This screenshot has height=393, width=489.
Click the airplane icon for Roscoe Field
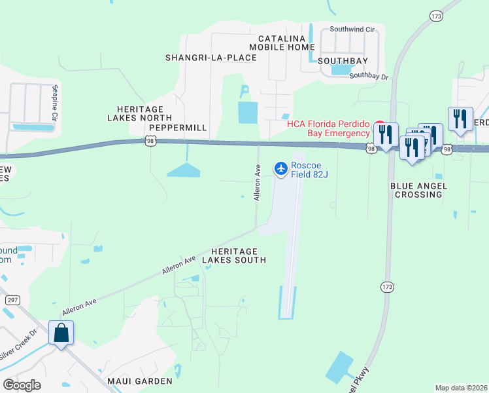(x=281, y=169)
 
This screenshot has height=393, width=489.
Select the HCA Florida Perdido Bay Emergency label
(x=328, y=128)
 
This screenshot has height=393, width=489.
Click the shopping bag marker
(x=61, y=333)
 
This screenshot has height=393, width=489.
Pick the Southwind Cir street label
(x=352, y=29)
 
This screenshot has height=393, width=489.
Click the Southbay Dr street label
(x=369, y=76)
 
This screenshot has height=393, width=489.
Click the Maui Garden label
(x=141, y=381)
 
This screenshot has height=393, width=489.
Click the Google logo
(x=22, y=384)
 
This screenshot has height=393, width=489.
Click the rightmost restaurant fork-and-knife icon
(x=460, y=119)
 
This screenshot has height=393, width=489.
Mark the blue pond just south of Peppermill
(x=184, y=170)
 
